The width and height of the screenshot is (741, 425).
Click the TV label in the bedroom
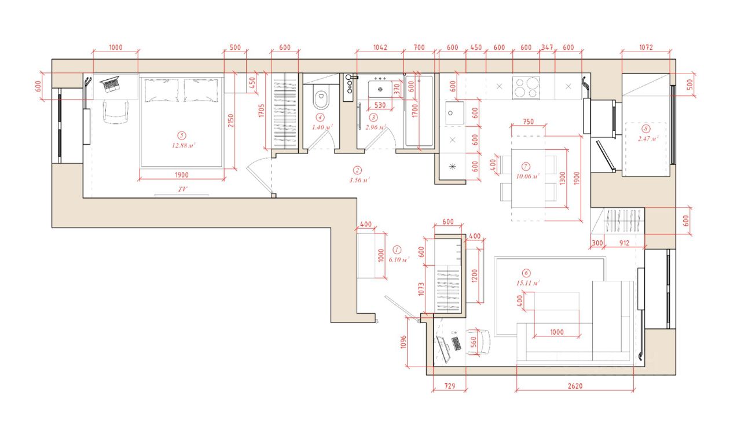tap(182, 189)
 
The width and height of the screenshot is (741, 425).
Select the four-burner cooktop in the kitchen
tap(526, 87)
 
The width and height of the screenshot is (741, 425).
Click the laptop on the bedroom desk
tap(110, 84)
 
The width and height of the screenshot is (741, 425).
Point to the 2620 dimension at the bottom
tap(575, 386)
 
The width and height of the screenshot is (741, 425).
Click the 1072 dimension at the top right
tap(645, 47)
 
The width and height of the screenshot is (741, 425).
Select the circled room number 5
tap(181, 135)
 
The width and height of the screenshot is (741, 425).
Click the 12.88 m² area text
tap(184, 145)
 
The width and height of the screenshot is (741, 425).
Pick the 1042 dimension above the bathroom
tap(380, 47)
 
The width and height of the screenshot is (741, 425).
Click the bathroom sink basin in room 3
tap(380, 89)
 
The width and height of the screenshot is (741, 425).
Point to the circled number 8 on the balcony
tap(645, 129)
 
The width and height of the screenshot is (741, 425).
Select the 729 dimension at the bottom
tap(450, 386)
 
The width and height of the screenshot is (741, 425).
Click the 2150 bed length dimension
tap(231, 120)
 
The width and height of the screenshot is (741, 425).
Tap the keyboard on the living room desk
tap(456, 343)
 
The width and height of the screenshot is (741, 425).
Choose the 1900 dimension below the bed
tap(182, 175)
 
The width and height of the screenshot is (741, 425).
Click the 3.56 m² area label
tap(360, 181)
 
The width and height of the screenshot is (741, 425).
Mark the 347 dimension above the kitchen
tap(547, 47)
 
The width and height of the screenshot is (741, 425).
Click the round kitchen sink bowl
tap(450, 113)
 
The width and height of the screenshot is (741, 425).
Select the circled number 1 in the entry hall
tap(397, 250)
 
